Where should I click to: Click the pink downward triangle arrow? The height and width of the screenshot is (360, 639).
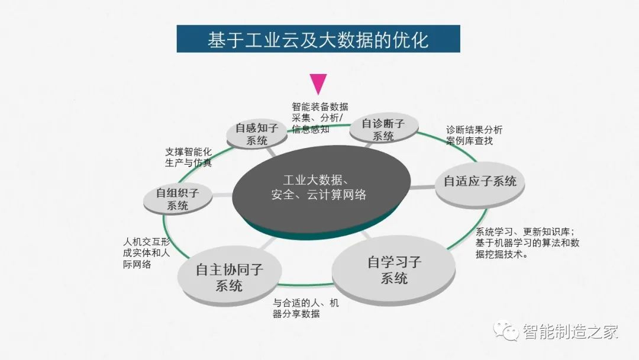(318, 83)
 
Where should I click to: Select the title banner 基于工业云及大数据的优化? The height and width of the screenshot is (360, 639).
(318, 38)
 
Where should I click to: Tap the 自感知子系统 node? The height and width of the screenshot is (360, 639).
(257, 134)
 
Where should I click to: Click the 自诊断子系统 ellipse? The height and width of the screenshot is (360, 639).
(383, 128)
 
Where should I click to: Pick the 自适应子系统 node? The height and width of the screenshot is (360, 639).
(480, 186)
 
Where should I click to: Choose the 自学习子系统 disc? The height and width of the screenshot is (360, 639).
(393, 271)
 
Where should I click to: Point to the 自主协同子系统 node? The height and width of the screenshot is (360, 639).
(230, 277)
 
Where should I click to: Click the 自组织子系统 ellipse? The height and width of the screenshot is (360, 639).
(177, 199)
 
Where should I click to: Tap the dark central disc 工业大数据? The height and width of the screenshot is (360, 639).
(321, 192)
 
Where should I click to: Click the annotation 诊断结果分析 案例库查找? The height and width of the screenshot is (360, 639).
(474, 136)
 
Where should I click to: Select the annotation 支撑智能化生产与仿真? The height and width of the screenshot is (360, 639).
(188, 157)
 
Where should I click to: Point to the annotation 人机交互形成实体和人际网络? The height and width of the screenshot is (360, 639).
(146, 253)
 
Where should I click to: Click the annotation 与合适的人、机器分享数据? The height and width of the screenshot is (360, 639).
(306, 308)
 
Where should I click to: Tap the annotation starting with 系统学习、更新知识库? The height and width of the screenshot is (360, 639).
(527, 243)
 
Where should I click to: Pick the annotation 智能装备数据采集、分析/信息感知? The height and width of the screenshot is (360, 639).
(320, 118)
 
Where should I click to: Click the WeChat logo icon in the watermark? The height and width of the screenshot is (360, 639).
(506, 330)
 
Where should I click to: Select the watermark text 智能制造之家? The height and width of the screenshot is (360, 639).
(570, 332)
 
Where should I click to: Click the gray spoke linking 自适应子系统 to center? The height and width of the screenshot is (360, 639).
(422, 188)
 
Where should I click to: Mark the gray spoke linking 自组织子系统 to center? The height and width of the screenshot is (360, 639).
(222, 195)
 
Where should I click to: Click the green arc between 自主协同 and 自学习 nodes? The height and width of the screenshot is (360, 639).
(306, 284)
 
